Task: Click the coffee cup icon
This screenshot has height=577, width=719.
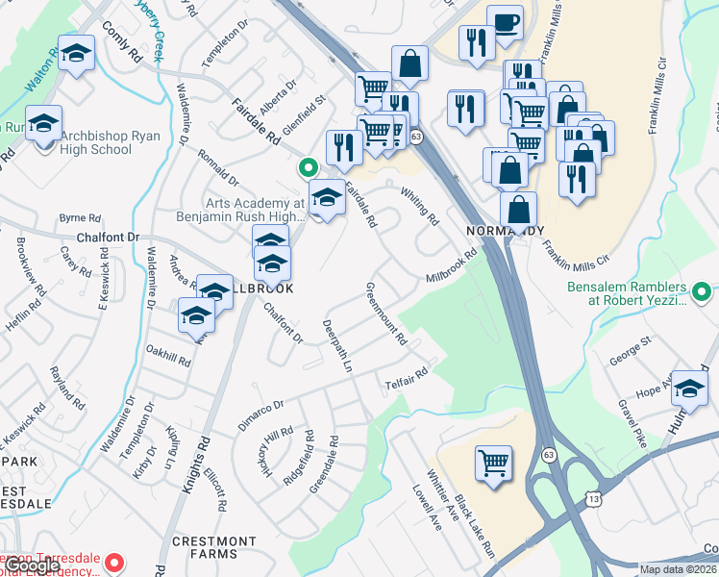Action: (505, 22)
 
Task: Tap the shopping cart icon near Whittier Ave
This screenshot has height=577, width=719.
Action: (493, 463)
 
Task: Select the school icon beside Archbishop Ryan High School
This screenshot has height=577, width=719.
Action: (43, 123)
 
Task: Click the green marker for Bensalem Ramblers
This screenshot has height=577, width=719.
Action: (703, 291)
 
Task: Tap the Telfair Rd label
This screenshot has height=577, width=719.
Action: (408, 379)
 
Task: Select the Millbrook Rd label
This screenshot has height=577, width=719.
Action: (452, 267)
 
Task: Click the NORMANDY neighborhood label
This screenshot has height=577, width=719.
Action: (506, 232)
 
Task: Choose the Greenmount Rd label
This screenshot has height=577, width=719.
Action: (386, 314)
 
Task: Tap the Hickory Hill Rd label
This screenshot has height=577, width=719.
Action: (275, 453)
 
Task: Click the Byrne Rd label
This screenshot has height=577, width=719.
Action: (73, 218)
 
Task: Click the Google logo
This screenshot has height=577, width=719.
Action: (32, 565)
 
